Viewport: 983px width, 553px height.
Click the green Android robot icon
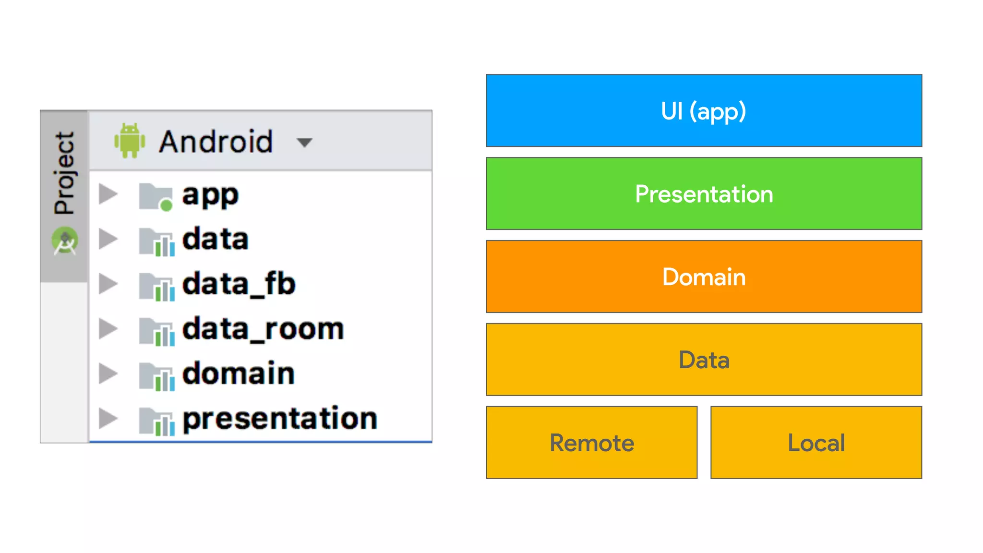pyautogui.click(x=130, y=141)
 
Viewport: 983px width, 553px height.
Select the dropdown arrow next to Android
pyautogui.click(x=304, y=142)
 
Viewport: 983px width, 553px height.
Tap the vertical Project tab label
pyautogui.click(x=64, y=173)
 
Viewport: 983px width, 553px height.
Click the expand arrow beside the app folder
pyautogui.click(x=108, y=194)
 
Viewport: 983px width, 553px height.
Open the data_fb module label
pyautogui.click(x=239, y=284)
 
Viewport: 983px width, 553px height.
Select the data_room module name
pyautogui.click(x=263, y=329)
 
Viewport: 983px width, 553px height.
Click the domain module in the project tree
pyautogui.click(x=238, y=373)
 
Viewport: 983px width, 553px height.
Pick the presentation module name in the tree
pyautogui.click(x=280, y=418)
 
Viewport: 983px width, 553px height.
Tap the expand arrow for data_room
pyautogui.click(x=108, y=329)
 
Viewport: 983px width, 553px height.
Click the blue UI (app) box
pyautogui.click(x=704, y=110)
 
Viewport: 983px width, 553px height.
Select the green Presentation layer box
pyautogui.click(x=704, y=193)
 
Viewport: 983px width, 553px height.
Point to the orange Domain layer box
pyautogui.click(x=704, y=276)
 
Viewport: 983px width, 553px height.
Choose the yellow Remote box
pyautogui.click(x=591, y=443)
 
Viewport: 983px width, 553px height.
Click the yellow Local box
pyautogui.click(x=816, y=443)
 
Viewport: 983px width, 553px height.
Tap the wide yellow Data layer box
pyautogui.click(x=704, y=360)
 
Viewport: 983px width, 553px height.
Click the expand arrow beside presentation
pyautogui.click(x=108, y=418)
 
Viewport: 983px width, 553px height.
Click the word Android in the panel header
pyautogui.click(x=216, y=142)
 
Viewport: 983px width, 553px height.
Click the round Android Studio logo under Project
pyautogui.click(x=65, y=241)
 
